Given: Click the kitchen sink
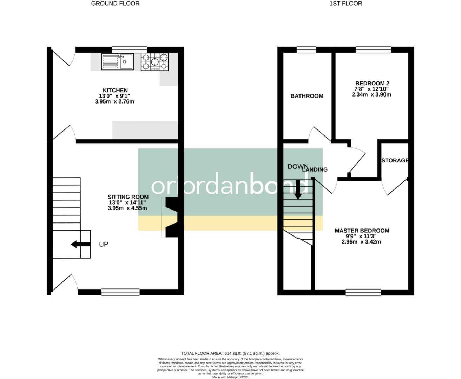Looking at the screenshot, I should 117,62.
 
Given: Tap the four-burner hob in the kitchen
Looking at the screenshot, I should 154,62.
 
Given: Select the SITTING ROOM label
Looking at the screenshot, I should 128,197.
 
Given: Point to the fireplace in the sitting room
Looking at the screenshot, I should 171,217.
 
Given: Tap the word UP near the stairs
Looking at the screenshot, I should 104,244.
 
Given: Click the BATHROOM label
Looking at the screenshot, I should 307,96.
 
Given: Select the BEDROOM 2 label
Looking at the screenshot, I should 372,83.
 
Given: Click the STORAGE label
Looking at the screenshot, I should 395,160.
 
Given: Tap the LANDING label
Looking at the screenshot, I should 315,169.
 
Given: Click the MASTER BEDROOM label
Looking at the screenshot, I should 362,231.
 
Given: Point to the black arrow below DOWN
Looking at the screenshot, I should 298,189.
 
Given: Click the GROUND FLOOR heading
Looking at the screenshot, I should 115,4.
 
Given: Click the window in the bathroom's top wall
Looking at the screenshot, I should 306,49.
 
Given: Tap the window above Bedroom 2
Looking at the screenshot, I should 373,49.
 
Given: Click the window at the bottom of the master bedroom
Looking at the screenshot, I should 363,292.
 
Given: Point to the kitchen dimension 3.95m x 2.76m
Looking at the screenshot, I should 114,102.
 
